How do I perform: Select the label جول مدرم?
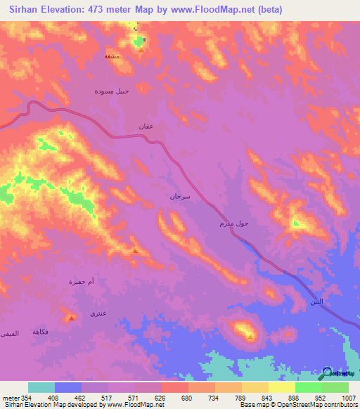tap(231, 224)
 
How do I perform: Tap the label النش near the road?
tap(317, 301)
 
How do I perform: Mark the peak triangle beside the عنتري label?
tap(72, 318)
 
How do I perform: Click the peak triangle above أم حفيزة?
tap(135, 251)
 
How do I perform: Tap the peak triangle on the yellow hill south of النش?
tap(250, 337)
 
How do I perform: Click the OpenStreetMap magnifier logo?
tap(328, 372)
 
